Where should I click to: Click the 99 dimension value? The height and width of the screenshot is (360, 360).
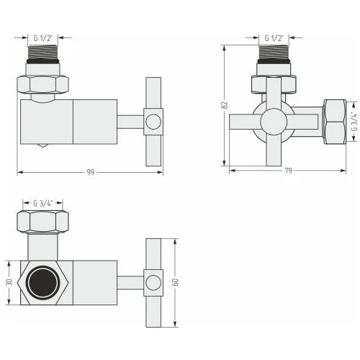(91, 172)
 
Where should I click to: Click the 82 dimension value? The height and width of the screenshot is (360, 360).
(225, 105)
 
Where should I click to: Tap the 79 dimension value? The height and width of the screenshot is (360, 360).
(288, 171)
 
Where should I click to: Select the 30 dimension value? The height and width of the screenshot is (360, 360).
(9, 282)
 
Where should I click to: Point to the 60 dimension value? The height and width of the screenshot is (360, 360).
(176, 282)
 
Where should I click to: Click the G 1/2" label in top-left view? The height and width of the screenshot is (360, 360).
(42, 38)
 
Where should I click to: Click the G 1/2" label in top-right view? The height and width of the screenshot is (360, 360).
(274, 38)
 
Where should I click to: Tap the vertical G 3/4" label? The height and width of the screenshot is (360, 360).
(354, 122)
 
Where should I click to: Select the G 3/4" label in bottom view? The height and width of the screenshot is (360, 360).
(42, 204)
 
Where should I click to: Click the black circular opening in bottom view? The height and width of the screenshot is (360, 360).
(42, 282)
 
